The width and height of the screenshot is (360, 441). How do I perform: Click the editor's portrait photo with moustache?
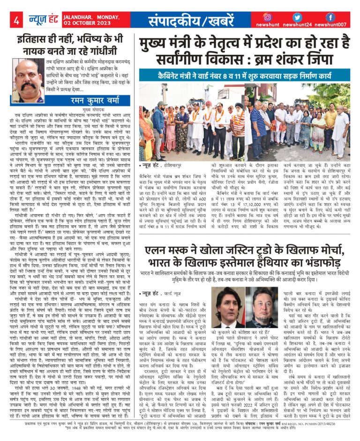point(28,81)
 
